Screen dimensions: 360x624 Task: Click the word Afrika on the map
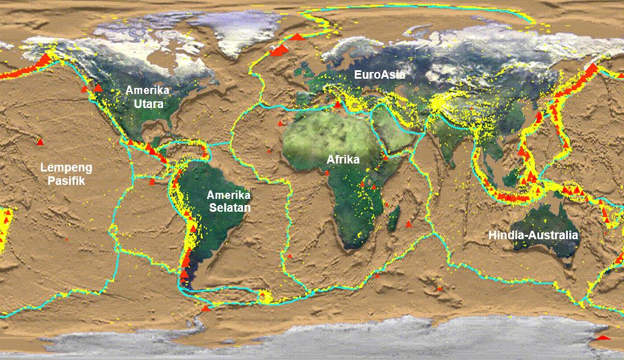coord(343,160)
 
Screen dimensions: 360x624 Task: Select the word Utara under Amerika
coord(148,104)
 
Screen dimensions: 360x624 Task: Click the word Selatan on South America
coord(228,207)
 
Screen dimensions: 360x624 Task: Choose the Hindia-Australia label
coord(533,234)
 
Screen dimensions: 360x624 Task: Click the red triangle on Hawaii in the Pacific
coord(40,142)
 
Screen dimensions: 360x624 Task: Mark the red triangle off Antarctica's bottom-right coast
coord(603,337)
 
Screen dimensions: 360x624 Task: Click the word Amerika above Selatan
coord(228,195)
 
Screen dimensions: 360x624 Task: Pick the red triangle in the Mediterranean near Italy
coord(337,105)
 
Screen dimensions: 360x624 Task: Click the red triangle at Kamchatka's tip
coord(591,68)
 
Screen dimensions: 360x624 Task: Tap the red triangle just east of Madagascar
coord(408,224)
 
